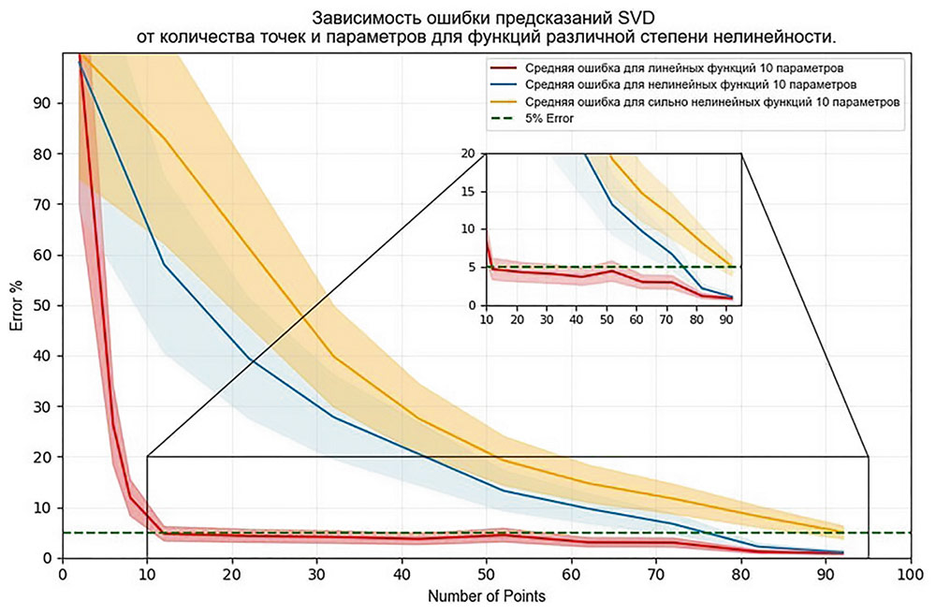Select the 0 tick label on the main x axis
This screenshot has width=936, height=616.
(x=63, y=574)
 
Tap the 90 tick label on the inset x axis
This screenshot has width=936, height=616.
(x=725, y=320)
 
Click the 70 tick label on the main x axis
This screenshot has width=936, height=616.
(x=655, y=574)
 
